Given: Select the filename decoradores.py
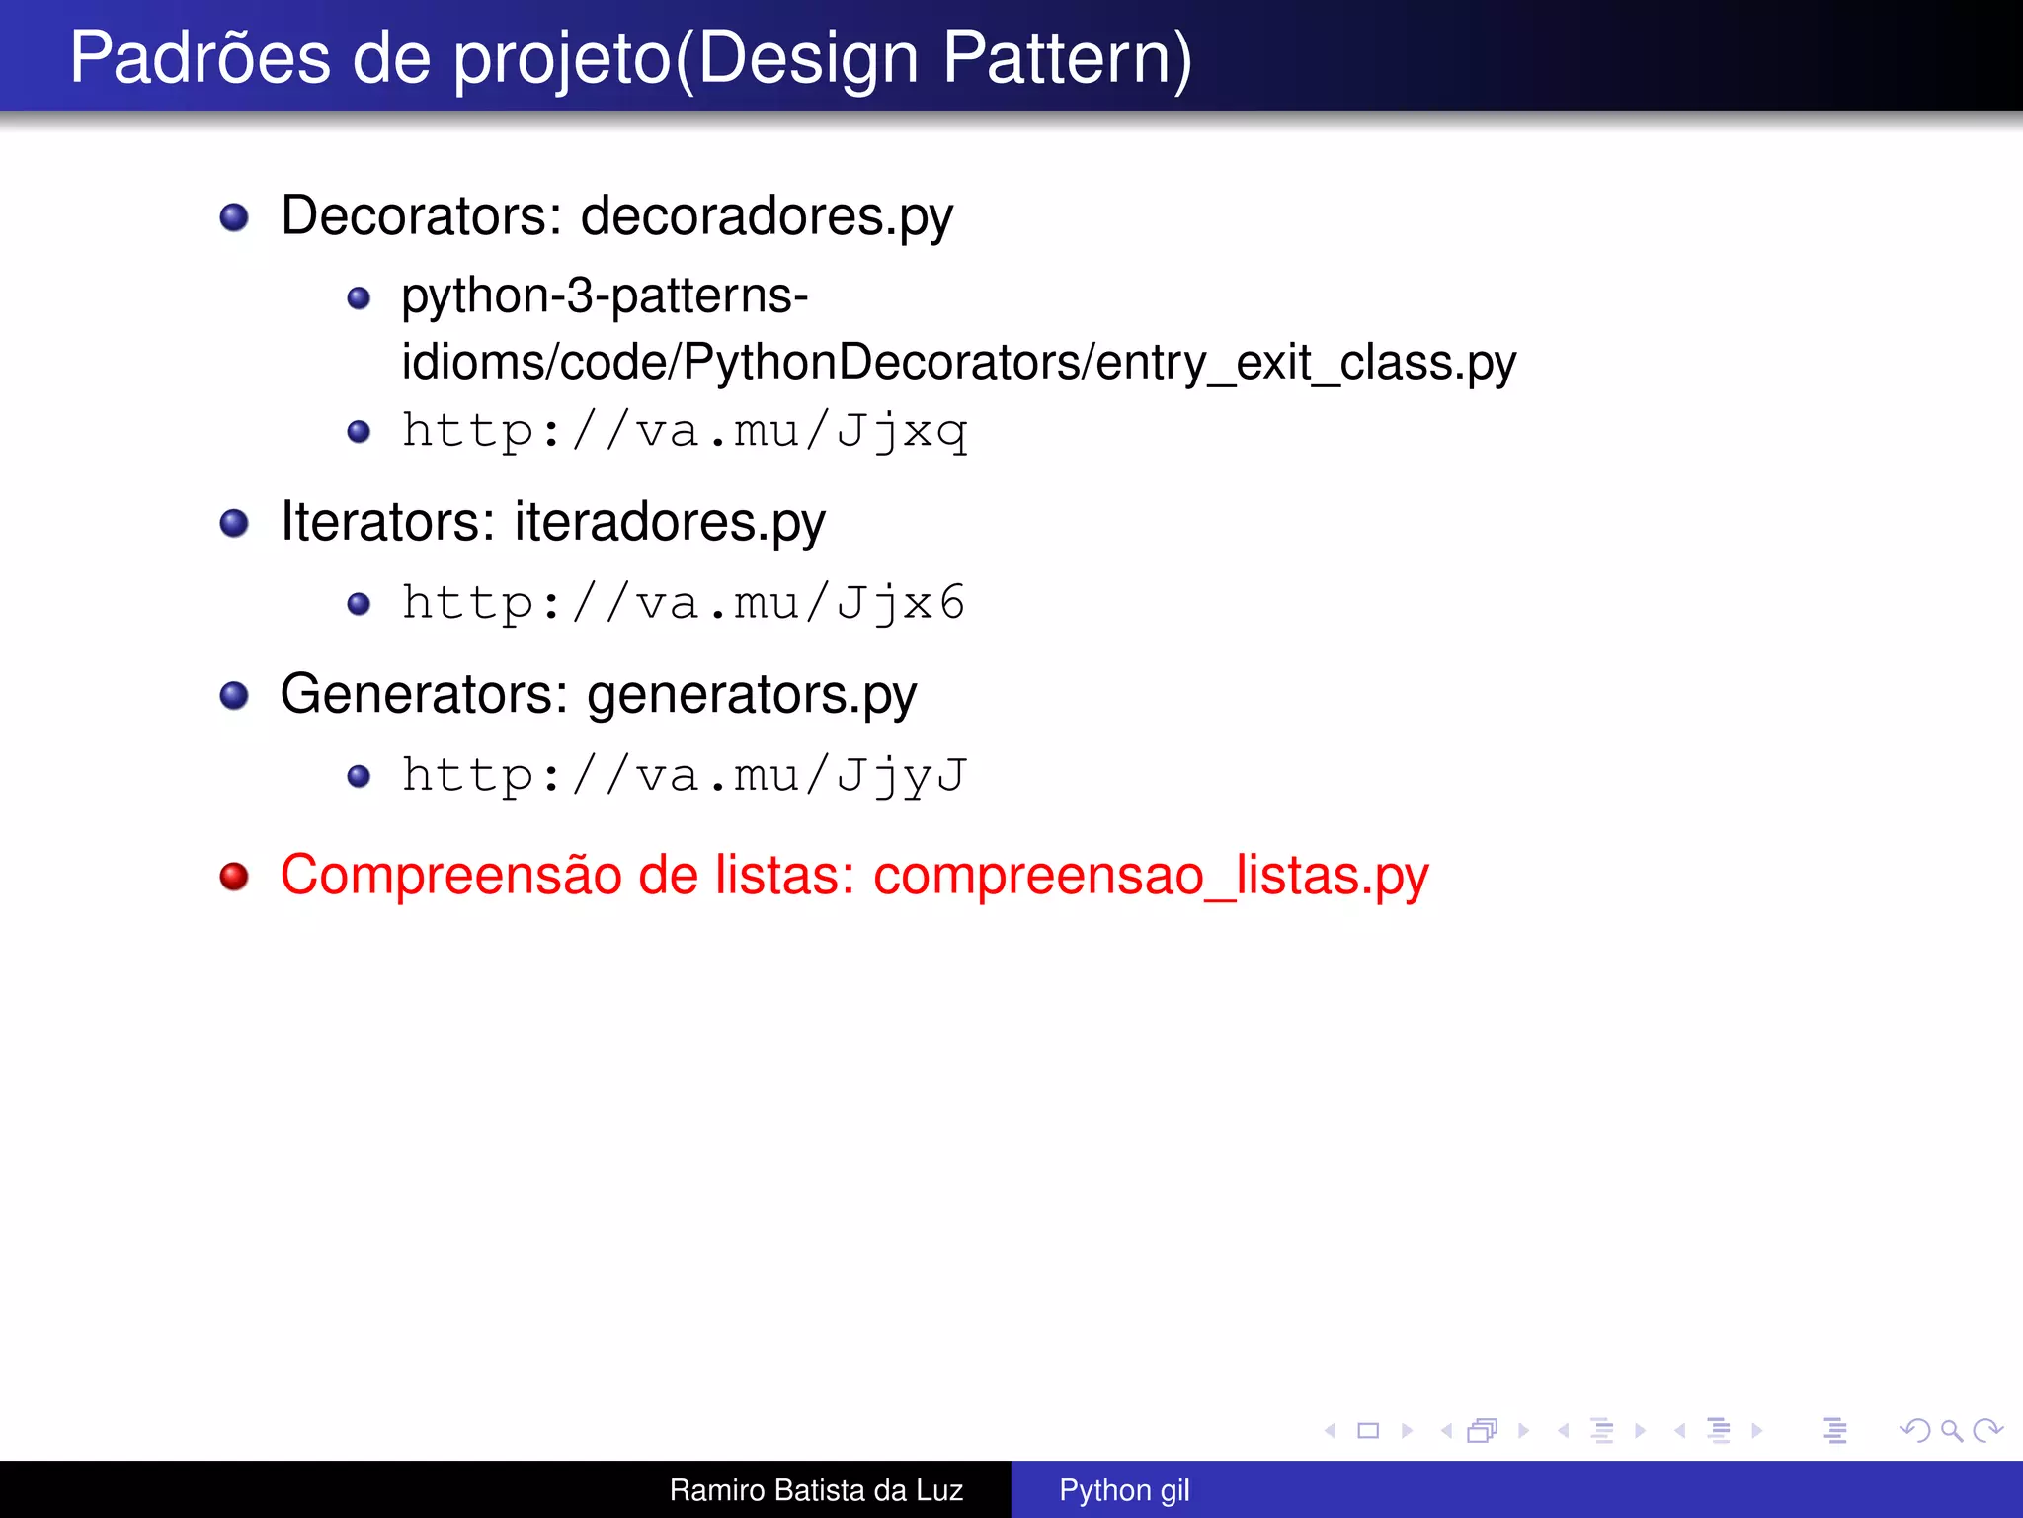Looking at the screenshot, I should point(766,216).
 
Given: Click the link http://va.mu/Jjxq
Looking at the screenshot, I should point(684,432).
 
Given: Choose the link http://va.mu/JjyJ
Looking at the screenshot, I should point(684,776).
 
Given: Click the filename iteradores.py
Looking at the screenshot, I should point(669,523).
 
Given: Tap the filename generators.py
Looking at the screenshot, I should point(751,695).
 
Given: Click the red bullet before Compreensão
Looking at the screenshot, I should point(234,877).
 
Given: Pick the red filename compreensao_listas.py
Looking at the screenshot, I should point(1150,877).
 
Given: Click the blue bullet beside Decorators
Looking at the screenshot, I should point(234,217).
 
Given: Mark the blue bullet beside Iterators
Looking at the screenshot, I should point(234,523).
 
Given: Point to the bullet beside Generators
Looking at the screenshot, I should point(234,695).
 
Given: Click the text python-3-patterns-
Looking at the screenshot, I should point(605,296).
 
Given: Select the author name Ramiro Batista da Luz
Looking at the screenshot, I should point(816,1490).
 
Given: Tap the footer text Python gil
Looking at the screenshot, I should point(1124,1490).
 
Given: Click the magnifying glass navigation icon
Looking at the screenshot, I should point(1951,1431).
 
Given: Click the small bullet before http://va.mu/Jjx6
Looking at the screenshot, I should point(359,604).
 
